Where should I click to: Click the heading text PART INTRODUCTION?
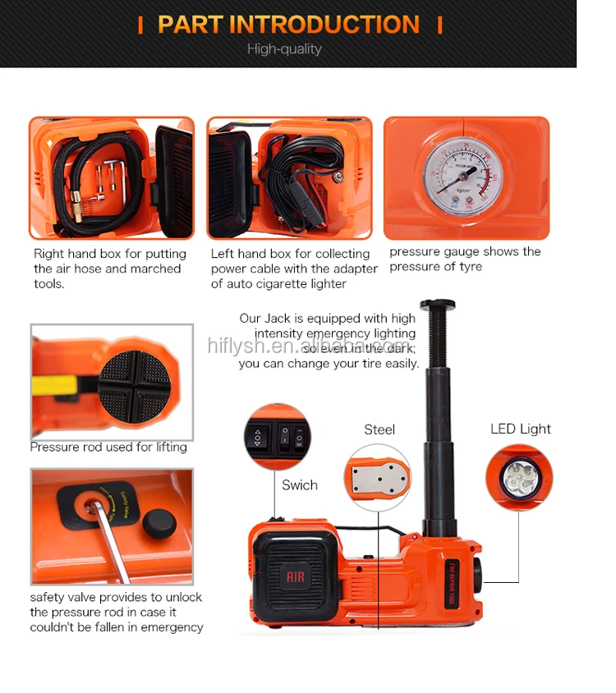pos(288,25)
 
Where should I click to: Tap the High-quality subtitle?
pos(284,49)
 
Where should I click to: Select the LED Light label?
pos(521,429)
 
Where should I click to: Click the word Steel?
pos(379,429)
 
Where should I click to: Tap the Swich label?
pos(300,484)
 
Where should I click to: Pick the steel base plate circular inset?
pos(378,478)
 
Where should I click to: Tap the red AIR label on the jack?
pos(295,577)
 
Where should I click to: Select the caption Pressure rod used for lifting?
pos(108,447)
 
